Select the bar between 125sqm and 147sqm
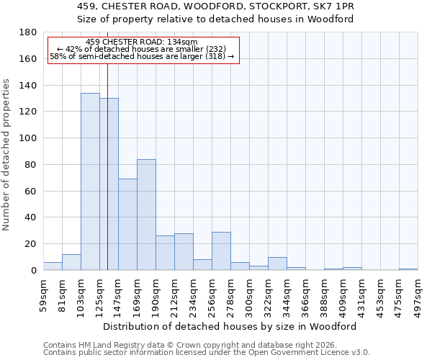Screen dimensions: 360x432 point(109,184)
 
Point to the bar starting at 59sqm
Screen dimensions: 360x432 point(53,266)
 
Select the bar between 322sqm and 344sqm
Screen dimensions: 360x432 point(277,264)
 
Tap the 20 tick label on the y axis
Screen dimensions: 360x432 point(31,244)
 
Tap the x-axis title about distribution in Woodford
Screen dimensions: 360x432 point(230,326)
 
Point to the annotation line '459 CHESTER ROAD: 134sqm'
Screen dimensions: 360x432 point(141,42)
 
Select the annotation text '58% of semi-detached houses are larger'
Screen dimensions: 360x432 point(141,57)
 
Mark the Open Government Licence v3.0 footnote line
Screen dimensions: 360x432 point(207,353)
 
